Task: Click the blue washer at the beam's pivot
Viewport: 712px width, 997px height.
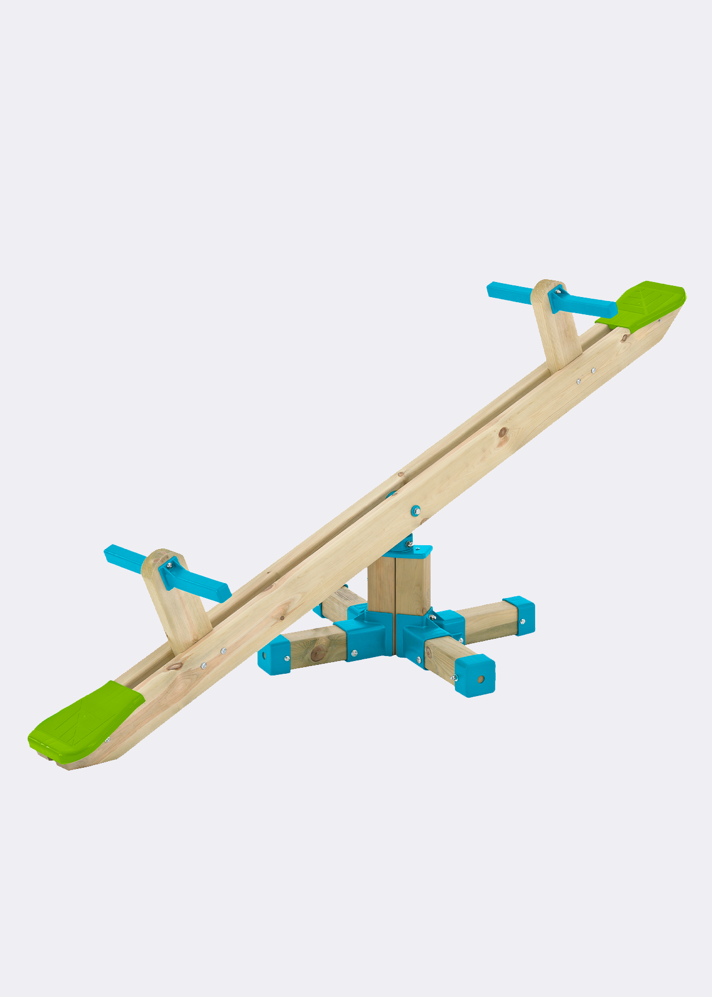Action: click(415, 510)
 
